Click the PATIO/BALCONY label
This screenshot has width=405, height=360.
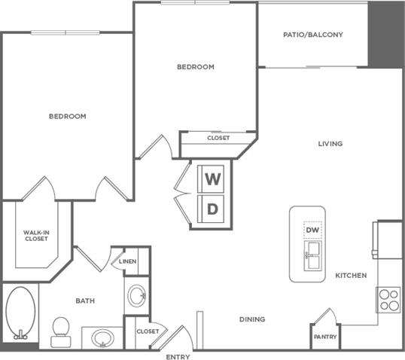313,35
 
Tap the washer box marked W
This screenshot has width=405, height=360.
213,179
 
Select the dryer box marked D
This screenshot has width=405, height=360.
213,209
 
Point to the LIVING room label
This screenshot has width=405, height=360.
330,144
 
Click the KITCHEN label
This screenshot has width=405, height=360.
351,276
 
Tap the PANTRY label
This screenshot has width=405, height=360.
325,337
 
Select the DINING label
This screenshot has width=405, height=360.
253,319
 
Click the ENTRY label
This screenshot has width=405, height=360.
178,355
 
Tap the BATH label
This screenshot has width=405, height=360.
85,301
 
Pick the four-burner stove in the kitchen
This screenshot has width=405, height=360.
388,300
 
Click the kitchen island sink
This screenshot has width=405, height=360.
312,252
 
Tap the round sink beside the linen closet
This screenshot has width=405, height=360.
136,294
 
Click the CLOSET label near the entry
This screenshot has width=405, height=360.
147,331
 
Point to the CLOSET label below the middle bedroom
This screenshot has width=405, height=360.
218,138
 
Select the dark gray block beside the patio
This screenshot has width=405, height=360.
379,33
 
